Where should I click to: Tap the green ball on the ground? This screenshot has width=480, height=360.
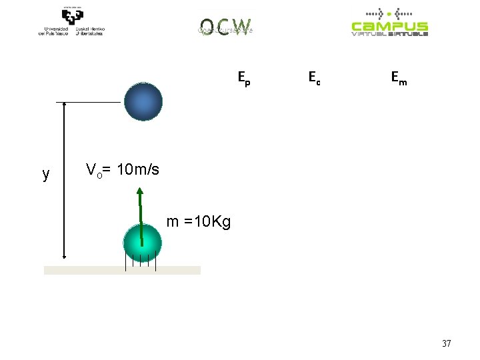[143, 243]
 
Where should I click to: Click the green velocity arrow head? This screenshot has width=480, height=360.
[140, 191]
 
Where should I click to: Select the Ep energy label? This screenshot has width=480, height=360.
[245, 79]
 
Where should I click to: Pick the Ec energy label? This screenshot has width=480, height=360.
[314, 79]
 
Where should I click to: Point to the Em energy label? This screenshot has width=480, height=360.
[399, 79]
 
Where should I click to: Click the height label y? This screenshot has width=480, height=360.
[45, 175]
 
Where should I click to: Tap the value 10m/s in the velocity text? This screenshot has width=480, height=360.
[138, 170]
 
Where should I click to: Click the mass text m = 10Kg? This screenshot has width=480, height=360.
[198, 222]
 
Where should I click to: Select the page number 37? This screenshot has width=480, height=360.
[447, 344]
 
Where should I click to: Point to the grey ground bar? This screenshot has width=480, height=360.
[122, 270]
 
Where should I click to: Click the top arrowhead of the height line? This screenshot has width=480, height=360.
[63, 105]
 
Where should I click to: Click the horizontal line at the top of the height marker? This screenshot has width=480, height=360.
[88, 102]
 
